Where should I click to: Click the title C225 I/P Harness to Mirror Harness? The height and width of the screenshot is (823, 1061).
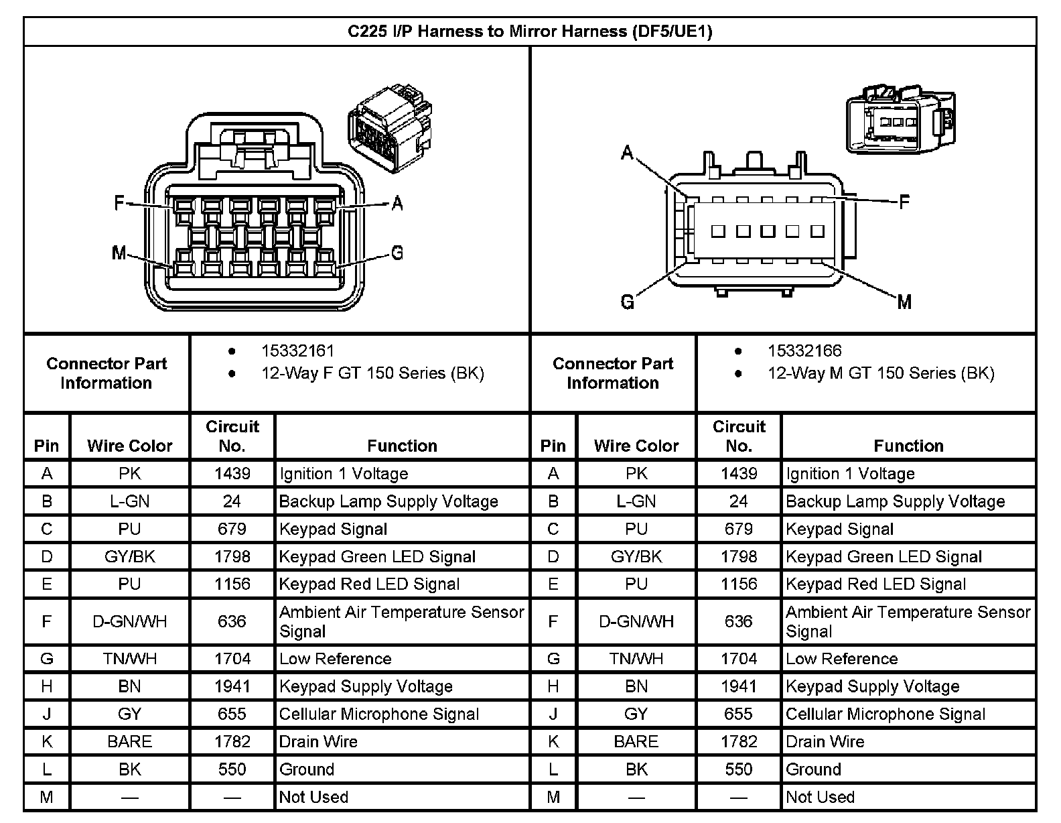[529, 31]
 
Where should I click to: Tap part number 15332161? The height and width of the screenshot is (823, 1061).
[297, 351]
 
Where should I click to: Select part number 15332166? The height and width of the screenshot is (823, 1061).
[804, 351]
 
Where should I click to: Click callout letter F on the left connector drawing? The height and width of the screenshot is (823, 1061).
[119, 202]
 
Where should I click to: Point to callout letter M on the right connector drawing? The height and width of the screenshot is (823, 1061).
[904, 302]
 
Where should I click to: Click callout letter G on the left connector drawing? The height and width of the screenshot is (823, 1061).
[397, 253]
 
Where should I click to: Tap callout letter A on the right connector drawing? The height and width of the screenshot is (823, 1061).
[627, 153]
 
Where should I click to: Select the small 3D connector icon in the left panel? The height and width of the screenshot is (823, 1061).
[390, 128]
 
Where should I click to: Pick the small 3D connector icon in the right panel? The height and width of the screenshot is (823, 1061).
[900, 118]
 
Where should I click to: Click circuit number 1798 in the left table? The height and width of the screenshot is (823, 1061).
[232, 557]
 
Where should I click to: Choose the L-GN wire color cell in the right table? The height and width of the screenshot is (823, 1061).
[636, 501]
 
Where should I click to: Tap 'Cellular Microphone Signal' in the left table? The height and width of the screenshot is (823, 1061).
[378, 714]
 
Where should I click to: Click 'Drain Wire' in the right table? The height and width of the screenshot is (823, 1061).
[825, 742]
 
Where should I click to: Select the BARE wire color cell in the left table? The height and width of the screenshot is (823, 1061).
[129, 742]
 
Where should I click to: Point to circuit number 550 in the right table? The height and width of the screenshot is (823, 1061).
[738, 769]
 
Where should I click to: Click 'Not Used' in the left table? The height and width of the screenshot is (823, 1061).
[313, 797]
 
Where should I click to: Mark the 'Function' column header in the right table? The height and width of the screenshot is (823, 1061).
[908, 446]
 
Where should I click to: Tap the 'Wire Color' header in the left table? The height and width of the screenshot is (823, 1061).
[129, 446]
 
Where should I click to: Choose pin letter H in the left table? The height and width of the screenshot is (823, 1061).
[46, 686]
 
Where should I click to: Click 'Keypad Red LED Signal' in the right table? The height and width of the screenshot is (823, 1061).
[875, 584]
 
